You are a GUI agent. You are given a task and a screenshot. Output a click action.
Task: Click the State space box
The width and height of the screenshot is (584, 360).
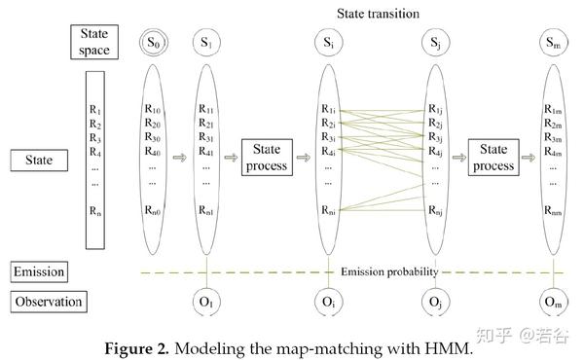(x=93, y=42)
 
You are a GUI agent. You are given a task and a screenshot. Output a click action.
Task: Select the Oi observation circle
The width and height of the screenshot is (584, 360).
(x=328, y=301)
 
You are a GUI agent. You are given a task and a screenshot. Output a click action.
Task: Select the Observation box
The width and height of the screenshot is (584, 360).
(x=48, y=302)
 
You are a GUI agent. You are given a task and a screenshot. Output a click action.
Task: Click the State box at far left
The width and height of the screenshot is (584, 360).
(x=38, y=158)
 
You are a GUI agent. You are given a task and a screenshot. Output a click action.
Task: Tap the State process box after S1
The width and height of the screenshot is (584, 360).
(x=267, y=158)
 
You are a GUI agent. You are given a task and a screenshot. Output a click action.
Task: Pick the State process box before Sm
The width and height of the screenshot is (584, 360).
(x=493, y=158)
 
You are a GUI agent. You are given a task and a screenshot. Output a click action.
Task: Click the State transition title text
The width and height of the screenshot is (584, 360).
(x=379, y=13)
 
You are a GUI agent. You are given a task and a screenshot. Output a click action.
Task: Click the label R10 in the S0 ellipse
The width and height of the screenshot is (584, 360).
(x=154, y=110)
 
